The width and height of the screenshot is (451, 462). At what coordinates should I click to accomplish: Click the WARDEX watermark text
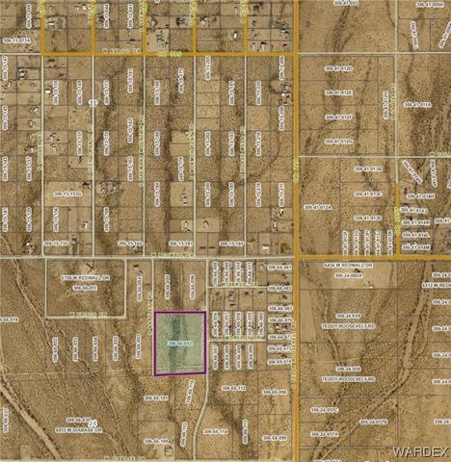pyautogui.click(x=421, y=450)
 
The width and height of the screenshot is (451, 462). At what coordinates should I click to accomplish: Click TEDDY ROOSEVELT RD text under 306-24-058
pyautogui.click(x=345, y=379)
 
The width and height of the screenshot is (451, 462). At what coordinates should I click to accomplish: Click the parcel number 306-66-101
pyautogui.click(x=156, y=398)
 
